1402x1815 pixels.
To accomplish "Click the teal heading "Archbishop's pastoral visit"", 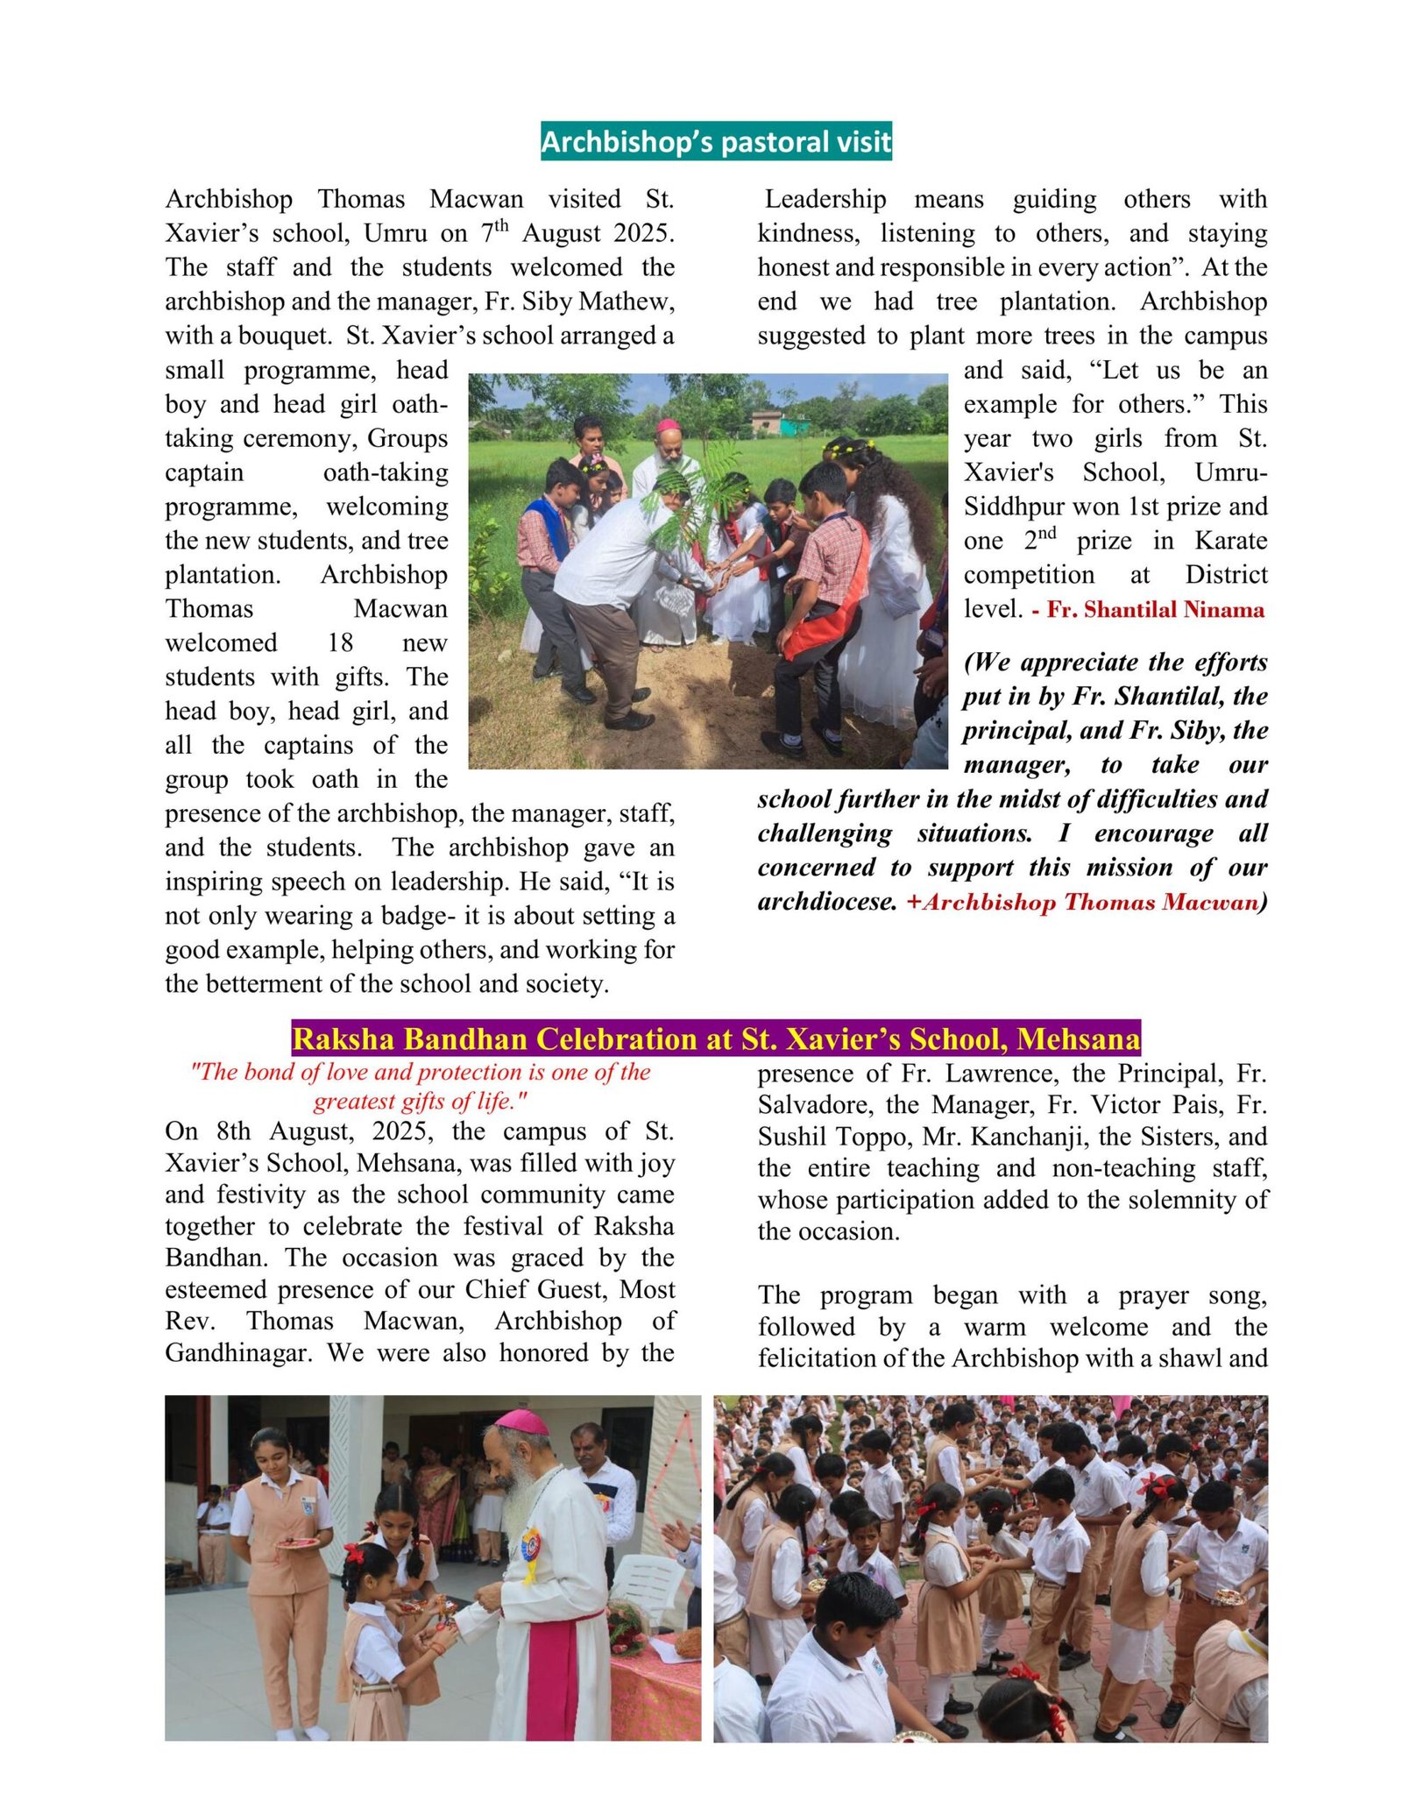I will coord(716,141).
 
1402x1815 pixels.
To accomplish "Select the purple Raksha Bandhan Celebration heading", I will coord(716,1039).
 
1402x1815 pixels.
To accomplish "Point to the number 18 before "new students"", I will coord(340,643).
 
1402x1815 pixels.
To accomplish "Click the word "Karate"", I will coord(1230,541).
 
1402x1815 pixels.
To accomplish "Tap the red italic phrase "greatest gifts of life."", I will coord(421,1102).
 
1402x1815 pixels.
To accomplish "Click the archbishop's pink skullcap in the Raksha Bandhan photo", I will coord(520,1421).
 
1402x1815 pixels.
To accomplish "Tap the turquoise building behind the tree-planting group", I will coord(794,425).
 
